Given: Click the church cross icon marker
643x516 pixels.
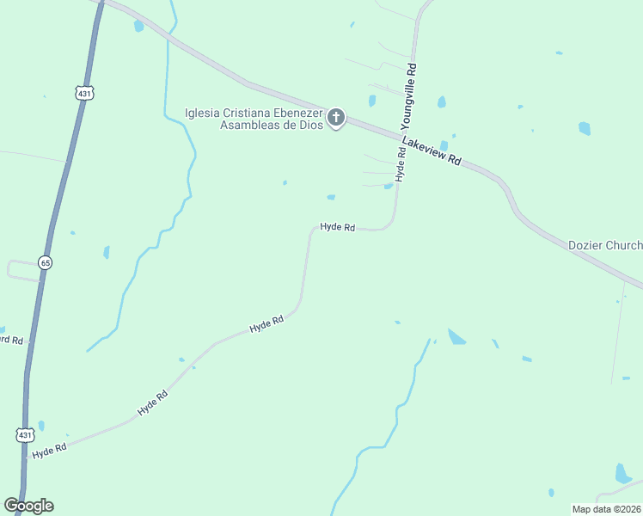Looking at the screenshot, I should (x=336, y=118).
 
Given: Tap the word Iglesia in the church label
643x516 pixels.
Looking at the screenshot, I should (x=206, y=113).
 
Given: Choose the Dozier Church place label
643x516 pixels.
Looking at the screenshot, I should (x=605, y=245).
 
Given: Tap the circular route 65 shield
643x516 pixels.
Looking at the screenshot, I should (x=45, y=262).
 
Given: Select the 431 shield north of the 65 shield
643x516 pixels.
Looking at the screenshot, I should (x=83, y=93).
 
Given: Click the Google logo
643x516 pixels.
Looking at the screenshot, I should (x=29, y=506).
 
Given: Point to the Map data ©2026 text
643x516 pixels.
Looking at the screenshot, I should (x=606, y=508).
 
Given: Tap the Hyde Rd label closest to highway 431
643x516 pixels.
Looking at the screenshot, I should (x=49, y=451).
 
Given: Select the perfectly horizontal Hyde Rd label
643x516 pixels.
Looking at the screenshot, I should (x=338, y=227).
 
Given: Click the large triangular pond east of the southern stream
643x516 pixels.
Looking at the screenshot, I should (x=456, y=337).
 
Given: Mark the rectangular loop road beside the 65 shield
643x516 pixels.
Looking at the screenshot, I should (x=23, y=270).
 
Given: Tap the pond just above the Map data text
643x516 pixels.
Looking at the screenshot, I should (x=622, y=474).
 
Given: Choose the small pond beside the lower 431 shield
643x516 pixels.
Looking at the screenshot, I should (x=41, y=426).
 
